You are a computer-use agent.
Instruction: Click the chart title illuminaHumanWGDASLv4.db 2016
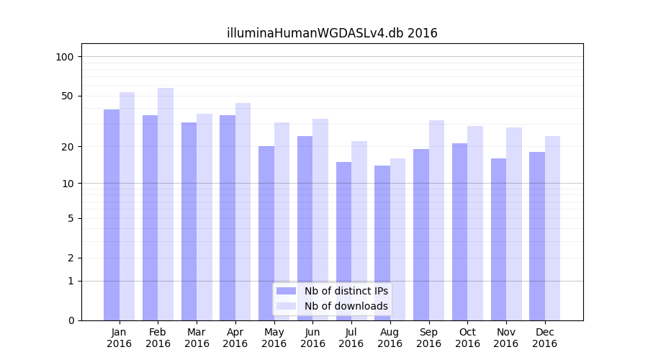(x=332, y=33)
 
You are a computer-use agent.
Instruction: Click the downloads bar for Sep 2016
(x=436, y=220)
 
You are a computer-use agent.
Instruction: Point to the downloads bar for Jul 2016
(x=359, y=230)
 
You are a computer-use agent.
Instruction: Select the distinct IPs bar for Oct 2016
(x=459, y=231)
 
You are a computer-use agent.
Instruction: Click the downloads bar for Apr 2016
(x=243, y=212)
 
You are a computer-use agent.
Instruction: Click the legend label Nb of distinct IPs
(x=346, y=291)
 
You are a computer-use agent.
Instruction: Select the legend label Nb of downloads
(x=346, y=306)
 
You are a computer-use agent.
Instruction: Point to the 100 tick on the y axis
(x=65, y=57)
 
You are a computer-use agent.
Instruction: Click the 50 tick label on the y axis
(x=68, y=96)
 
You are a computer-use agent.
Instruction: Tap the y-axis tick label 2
(x=71, y=258)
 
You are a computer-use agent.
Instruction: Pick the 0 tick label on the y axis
(x=71, y=320)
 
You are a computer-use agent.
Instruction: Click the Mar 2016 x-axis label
(x=197, y=338)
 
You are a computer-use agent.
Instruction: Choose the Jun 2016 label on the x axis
(x=312, y=338)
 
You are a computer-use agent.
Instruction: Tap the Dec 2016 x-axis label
(x=544, y=338)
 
